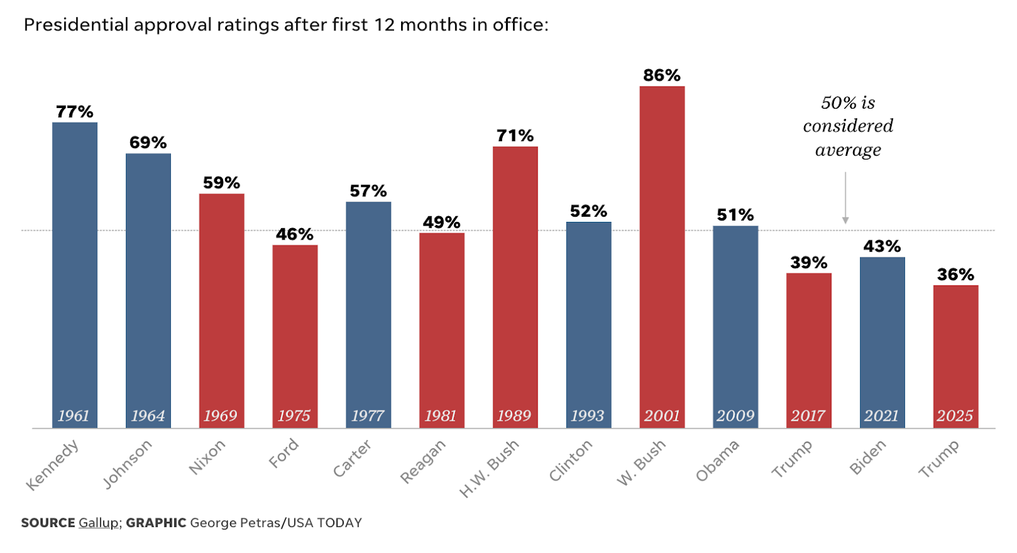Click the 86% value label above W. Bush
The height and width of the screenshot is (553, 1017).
coord(662,76)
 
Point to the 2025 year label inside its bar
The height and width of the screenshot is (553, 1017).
coord(955,416)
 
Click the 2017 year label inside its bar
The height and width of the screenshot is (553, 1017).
coord(808,416)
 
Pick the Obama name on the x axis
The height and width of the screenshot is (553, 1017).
coord(718,461)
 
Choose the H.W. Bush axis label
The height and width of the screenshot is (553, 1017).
coord(489,468)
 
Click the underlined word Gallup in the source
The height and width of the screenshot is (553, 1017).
coord(99,522)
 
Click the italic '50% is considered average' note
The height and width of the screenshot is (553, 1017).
coord(848,126)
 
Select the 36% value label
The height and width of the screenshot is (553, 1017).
coord(955,275)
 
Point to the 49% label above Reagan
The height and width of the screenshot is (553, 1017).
coord(441,222)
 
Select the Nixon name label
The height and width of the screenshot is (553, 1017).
coord(207,458)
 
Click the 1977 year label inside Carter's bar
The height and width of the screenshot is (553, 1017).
coord(367,416)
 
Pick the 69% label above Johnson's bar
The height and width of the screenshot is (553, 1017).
coord(148,142)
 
